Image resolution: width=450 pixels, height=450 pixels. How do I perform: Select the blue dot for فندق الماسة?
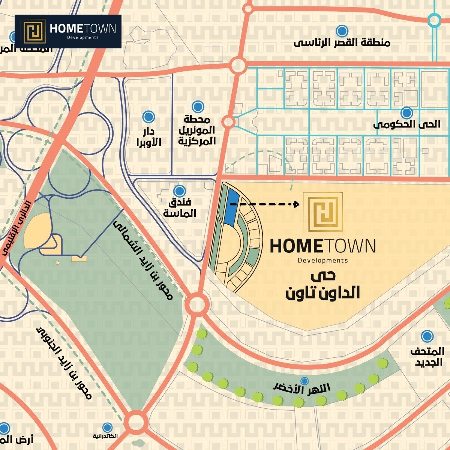(x=180, y=191)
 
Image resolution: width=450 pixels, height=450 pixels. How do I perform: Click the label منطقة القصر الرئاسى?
(x=342, y=42)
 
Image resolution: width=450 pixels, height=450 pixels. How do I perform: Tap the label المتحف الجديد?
(x=427, y=357)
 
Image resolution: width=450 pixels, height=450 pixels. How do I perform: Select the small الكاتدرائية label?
(x=105, y=436)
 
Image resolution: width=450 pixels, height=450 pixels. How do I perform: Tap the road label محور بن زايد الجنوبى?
(x=64, y=362)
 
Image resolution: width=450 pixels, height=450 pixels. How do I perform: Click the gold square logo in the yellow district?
(x=323, y=212)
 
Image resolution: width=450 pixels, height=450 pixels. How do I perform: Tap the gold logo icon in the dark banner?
(x=33, y=31)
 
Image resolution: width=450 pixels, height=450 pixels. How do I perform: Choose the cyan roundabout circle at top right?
(x=434, y=20)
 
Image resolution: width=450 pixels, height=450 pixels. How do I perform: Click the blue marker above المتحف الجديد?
(x=427, y=336)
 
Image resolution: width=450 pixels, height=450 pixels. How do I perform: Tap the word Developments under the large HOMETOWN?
(x=322, y=260)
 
